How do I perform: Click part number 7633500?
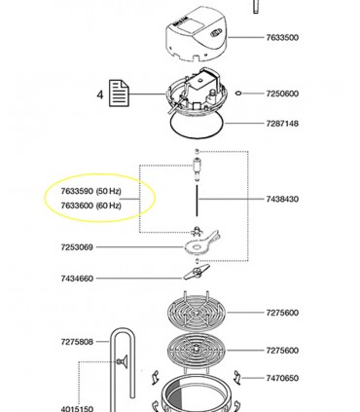(282, 37)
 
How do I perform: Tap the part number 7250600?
(282, 94)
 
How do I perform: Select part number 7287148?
(282, 124)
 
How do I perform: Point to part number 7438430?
(282, 199)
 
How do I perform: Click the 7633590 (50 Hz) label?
(91, 191)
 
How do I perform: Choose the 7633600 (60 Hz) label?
(91, 206)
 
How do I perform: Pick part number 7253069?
(77, 247)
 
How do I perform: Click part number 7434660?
(77, 279)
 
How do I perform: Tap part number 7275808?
(77, 342)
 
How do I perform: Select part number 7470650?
(282, 378)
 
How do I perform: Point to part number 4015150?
(77, 408)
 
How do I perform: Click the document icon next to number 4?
(119, 94)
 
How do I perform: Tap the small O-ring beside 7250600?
(238, 94)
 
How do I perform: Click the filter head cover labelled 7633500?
(197, 35)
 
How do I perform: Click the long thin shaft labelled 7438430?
(197, 201)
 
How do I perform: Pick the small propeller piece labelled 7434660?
(197, 272)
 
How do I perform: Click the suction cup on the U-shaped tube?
(123, 361)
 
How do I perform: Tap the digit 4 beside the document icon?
(100, 94)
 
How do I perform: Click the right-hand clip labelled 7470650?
(237, 378)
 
